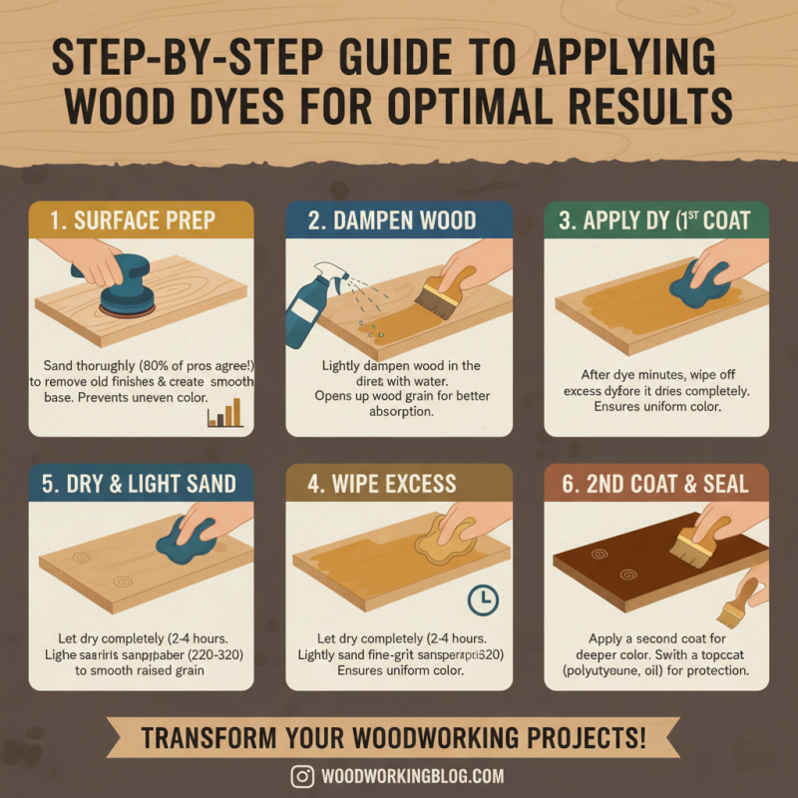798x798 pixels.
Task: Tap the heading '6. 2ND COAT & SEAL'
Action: pyautogui.click(x=653, y=485)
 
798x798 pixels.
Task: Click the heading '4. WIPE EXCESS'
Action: pyautogui.click(x=384, y=485)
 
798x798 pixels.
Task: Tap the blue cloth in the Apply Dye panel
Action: pyautogui.click(x=700, y=282)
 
